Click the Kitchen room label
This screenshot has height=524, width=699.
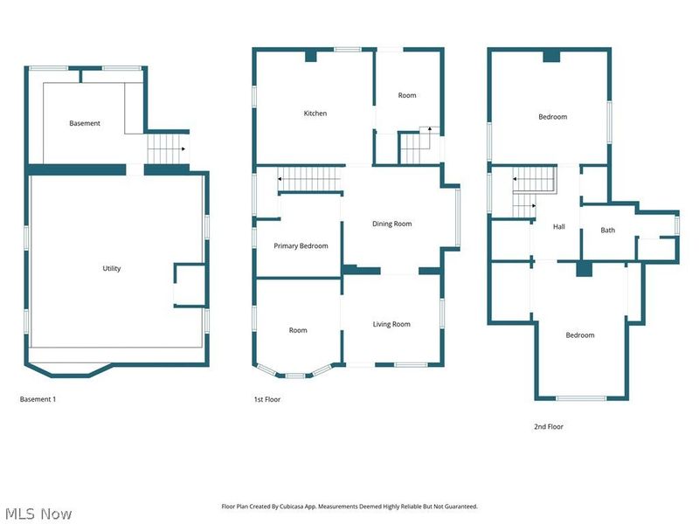pos(315,114)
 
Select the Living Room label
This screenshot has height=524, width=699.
pos(391,324)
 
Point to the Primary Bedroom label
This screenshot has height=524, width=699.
pos(301,246)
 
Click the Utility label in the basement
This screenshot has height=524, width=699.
pos(112,268)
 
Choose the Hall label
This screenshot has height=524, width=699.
pos(559,227)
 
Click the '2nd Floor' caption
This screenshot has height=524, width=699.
pos(549,427)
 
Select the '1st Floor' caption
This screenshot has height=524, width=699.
pos(266,399)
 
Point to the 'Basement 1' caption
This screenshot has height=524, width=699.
pos(38,399)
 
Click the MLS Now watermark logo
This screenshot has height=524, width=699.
pos(38,514)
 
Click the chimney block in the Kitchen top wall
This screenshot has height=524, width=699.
pos(311,56)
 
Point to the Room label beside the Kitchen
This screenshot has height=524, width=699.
pos(407,95)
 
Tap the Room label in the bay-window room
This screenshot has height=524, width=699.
pos(298,330)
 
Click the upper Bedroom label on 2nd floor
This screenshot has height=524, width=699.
pos(552,117)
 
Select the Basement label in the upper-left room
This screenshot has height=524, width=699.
pos(85,123)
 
